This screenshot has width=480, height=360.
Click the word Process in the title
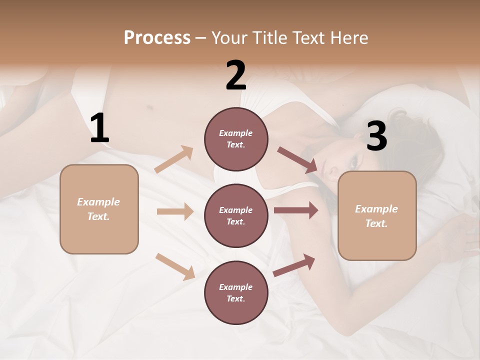(x=157, y=38)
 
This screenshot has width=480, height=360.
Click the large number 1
(x=99, y=128)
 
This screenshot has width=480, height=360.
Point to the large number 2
(x=236, y=75)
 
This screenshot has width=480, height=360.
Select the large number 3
(x=376, y=136)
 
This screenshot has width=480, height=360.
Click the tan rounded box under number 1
(x=99, y=209)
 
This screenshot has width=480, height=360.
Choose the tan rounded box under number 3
(x=377, y=216)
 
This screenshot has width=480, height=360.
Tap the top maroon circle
(x=236, y=139)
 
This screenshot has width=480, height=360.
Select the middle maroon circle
(x=236, y=216)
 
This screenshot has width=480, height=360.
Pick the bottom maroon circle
(x=236, y=293)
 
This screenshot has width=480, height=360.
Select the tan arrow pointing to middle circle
(x=175, y=211)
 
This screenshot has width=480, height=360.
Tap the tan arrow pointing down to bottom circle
(x=175, y=266)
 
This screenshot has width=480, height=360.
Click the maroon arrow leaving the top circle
(x=297, y=160)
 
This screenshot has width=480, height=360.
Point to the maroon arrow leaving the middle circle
(x=295, y=210)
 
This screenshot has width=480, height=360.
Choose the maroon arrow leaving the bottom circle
(x=294, y=265)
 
